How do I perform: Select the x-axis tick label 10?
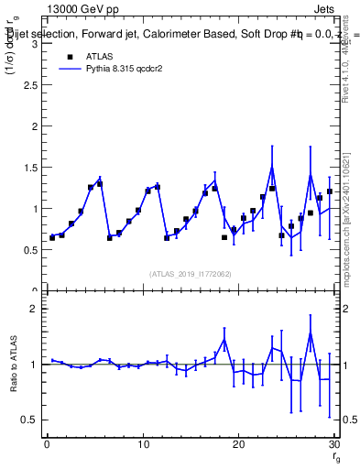coord(142,444)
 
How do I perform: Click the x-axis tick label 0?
coord(47,444)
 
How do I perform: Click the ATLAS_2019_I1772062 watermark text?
coord(190,273)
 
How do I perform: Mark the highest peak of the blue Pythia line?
coord(272,167)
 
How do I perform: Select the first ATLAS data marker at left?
coord(52,237)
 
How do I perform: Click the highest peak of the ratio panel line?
coord(310,333)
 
